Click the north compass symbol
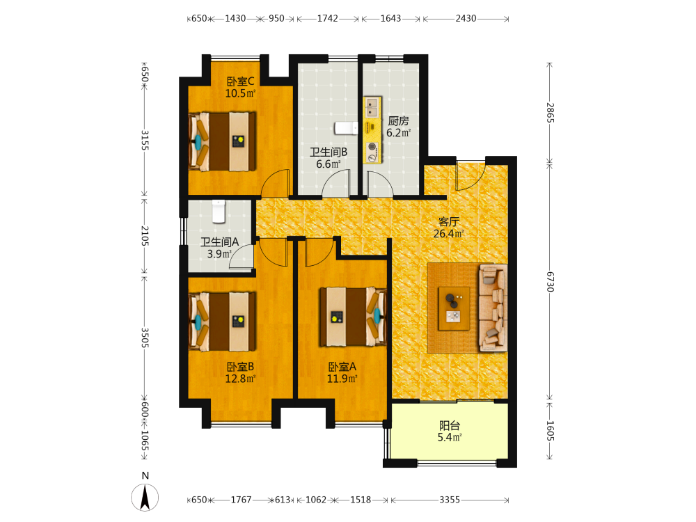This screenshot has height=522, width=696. click(x=145, y=497)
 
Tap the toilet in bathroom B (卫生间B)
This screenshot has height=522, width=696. click(x=346, y=128)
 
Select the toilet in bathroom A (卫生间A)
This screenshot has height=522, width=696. click(x=219, y=212)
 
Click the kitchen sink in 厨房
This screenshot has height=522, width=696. click(x=372, y=107)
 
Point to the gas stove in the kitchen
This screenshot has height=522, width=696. click(x=372, y=152)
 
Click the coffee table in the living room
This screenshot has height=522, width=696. click(x=454, y=308)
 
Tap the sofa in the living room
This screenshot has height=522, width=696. click(x=493, y=308)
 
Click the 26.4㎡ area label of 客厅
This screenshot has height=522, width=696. click(x=448, y=233)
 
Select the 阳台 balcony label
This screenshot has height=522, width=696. click(x=449, y=425)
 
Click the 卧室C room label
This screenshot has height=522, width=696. click(x=240, y=81)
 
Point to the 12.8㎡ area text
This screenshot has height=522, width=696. click(x=240, y=379)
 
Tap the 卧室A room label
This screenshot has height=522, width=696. click(x=342, y=367)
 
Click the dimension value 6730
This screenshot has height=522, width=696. click(x=550, y=282)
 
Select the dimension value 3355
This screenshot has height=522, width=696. click(x=450, y=500)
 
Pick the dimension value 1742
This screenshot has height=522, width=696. click(x=328, y=18)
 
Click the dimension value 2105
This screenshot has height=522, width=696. click(x=145, y=236)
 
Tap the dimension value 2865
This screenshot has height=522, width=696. click(x=550, y=113)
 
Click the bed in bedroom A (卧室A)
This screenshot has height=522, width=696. click(x=353, y=317)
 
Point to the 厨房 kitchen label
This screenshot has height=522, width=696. click(x=398, y=120)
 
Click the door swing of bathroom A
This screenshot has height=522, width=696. click(x=242, y=258)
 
